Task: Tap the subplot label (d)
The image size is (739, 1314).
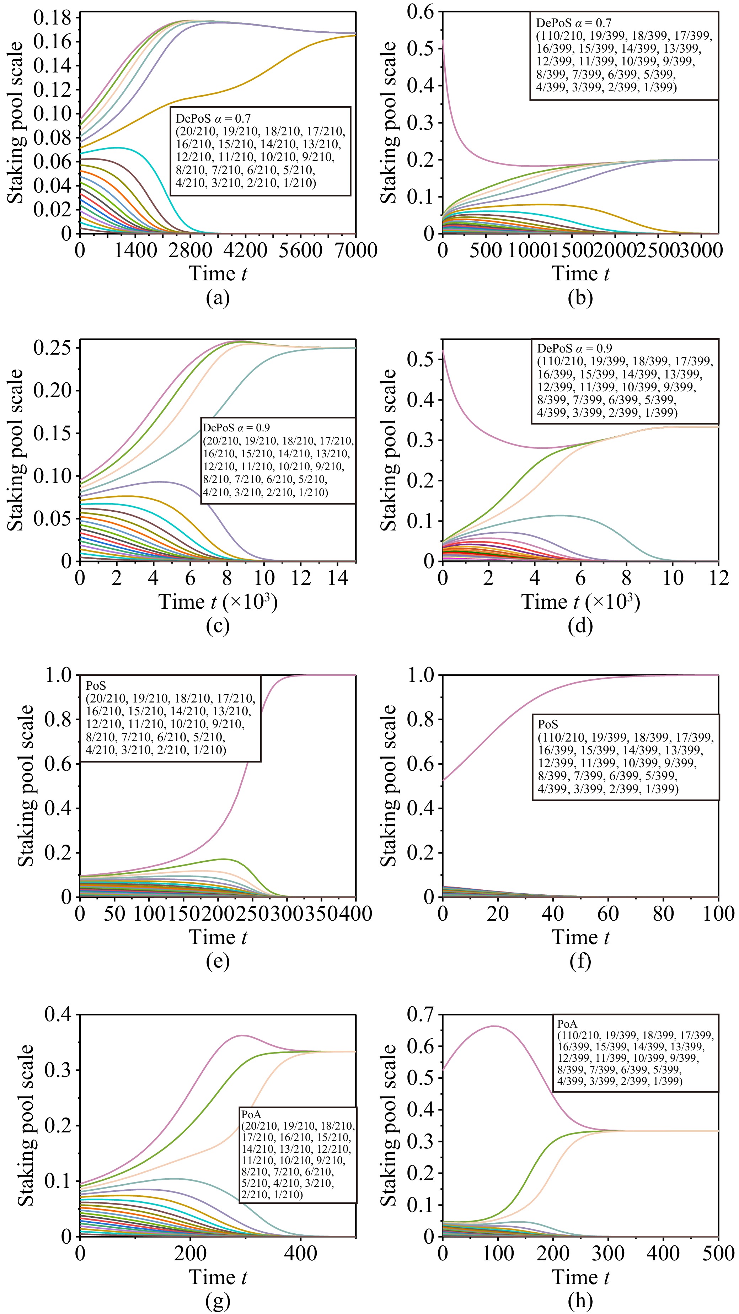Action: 580,625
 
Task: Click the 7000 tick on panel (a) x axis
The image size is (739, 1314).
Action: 356,250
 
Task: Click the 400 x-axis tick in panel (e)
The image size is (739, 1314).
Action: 356,914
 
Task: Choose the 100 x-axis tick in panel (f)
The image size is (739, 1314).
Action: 718,914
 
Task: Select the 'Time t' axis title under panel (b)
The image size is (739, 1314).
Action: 580,274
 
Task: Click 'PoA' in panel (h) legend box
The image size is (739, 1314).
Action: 567,1023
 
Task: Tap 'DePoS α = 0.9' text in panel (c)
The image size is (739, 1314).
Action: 236,427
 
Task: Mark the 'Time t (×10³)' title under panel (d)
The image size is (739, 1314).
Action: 580,602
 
